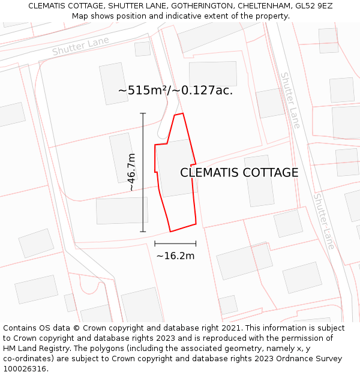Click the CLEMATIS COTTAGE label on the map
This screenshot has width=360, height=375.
239,173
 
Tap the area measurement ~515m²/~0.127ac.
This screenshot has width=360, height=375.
175,91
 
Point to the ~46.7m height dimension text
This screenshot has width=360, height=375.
131,172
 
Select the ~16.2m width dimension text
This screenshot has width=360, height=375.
175,256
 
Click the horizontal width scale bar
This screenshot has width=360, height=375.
175,244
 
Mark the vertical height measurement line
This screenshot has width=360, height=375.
143,172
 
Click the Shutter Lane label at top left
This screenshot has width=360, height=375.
80,46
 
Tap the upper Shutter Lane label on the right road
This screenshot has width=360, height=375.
290,100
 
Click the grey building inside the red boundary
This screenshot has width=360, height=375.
175,168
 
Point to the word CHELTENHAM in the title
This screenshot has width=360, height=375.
260,6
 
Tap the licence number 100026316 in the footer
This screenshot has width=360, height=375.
25,369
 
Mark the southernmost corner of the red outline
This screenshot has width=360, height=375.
170,232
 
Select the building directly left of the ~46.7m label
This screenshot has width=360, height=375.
122,157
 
